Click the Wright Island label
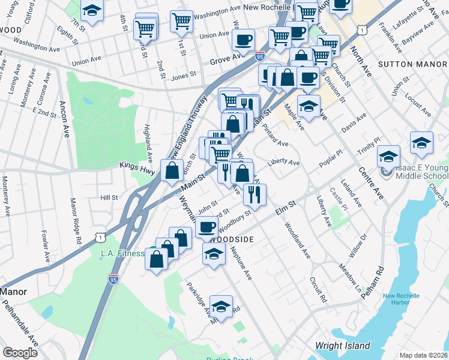pyautogui.click(x=344, y=346)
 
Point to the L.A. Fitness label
pyautogui.click(x=122, y=254)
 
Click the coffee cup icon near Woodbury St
pyautogui.click(x=207, y=227)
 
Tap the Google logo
pyautogui.click(x=20, y=353)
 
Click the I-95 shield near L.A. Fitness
pyautogui.click(x=114, y=278)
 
